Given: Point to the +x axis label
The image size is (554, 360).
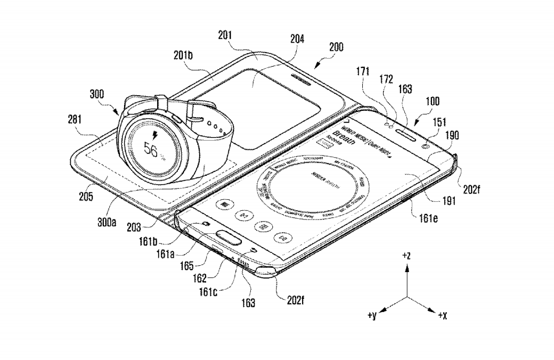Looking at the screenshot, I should click(442, 316).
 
